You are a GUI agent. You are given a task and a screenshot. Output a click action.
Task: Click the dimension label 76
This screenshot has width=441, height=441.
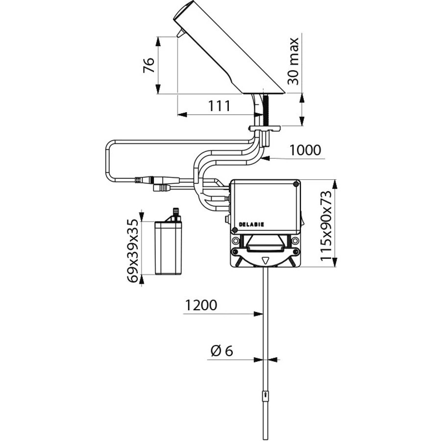(149, 65)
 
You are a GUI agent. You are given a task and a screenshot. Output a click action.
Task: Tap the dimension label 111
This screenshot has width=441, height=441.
(219, 106)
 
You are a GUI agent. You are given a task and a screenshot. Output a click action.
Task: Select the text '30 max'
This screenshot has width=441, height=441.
(293, 61)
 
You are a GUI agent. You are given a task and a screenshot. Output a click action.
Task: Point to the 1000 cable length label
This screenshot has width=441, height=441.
(305, 150)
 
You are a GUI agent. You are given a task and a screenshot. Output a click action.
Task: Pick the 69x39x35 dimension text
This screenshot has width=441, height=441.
(133, 251)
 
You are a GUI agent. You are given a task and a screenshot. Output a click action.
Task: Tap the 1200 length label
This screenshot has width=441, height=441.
(201, 305)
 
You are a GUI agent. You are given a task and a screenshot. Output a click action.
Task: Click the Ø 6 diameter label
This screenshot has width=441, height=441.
(221, 351)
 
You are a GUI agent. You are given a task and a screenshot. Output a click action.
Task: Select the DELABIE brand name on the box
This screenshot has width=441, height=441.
(251, 224)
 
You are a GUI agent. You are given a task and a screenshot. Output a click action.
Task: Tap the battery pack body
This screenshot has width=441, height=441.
(168, 248)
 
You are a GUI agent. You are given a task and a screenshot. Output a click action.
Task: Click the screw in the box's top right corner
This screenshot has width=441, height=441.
(295, 184)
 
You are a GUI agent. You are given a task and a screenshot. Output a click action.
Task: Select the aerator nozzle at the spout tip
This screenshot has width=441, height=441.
(180, 33)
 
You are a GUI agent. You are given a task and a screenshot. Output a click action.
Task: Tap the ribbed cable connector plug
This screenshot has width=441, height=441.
(144, 180)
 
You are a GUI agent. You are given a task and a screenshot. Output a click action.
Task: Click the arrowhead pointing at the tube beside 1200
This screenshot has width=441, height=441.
(258, 314)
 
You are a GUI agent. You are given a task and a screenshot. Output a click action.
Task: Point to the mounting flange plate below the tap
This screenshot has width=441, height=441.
(265, 128)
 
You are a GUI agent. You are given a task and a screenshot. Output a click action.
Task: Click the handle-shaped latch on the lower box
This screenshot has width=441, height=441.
(265, 248)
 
